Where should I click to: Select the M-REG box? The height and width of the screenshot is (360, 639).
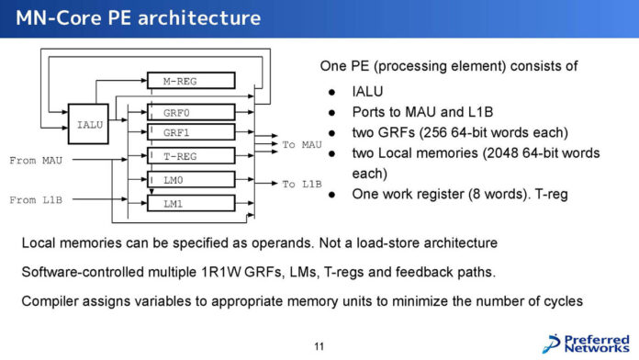pyautogui.click(x=191, y=81)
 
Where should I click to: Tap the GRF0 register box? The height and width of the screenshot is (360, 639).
pyautogui.click(x=191, y=112)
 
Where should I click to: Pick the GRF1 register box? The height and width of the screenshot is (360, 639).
pyautogui.click(x=191, y=133)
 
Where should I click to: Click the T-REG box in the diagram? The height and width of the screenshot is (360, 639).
pyautogui.click(x=191, y=157)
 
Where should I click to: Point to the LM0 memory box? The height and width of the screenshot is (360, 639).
pyautogui.click(x=191, y=181)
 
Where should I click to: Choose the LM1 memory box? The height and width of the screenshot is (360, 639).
pyautogui.click(x=191, y=204)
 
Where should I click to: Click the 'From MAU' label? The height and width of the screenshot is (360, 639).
pyautogui.click(x=36, y=161)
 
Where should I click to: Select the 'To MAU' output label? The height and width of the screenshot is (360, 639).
pyautogui.click(x=301, y=144)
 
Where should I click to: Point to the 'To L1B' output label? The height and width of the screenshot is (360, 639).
pyautogui.click(x=301, y=184)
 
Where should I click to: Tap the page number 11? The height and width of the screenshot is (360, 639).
pyautogui.click(x=319, y=346)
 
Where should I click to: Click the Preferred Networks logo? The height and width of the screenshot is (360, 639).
pyautogui.click(x=587, y=342)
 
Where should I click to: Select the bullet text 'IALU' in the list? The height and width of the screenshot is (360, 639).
pyautogui.click(x=368, y=92)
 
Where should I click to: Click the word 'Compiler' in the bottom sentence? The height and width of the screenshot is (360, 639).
pyautogui.click(x=53, y=300)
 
